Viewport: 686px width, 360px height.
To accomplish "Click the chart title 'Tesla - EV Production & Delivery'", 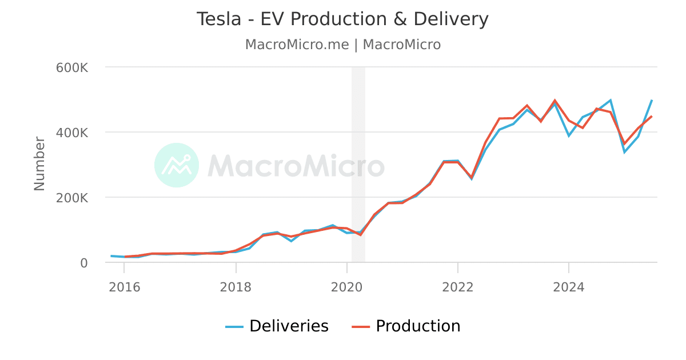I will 342,19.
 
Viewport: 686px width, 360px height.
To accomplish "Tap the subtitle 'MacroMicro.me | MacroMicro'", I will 342,45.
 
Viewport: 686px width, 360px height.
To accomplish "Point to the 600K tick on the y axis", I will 72,67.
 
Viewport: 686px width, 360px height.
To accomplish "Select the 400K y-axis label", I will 72,133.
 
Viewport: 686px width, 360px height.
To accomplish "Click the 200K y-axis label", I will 72,198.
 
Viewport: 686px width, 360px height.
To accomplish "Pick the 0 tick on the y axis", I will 83,263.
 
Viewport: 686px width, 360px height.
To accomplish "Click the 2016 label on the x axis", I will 125,287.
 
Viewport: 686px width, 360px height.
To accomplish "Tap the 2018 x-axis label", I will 236,287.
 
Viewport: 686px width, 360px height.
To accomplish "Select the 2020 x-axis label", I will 346,287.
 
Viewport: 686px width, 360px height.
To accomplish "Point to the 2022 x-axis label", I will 457,287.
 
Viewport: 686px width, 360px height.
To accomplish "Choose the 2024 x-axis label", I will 568,287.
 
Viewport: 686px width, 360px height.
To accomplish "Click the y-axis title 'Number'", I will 39,163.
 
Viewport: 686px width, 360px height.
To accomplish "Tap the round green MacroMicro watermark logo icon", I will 177,165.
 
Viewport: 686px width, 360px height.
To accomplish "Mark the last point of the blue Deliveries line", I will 652,99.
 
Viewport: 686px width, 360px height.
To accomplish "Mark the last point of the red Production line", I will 652,116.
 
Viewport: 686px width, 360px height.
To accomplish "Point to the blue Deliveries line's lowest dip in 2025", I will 624,152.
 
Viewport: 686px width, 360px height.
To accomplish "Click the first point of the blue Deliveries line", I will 111,256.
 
